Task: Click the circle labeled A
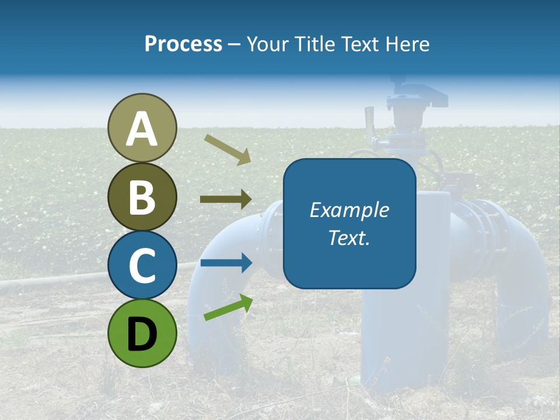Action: pyautogui.click(x=142, y=128)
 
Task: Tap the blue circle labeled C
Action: pyautogui.click(x=142, y=265)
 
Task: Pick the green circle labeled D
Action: pyautogui.click(x=142, y=333)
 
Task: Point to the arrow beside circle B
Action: pyautogui.click(x=226, y=199)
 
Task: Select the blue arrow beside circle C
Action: pyautogui.click(x=226, y=262)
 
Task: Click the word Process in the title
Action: pyautogui.click(x=183, y=44)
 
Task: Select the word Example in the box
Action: pyautogui.click(x=349, y=210)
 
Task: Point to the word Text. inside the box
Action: pyautogui.click(x=349, y=237)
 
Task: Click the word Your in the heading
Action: pyautogui.click(x=268, y=44)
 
